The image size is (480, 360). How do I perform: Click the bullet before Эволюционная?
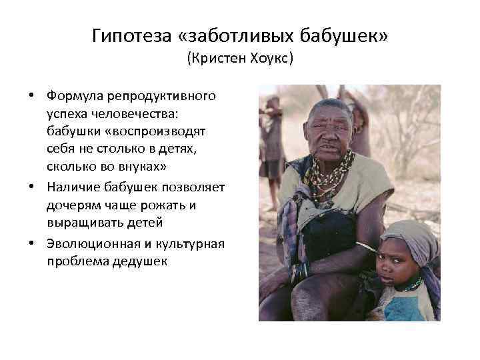tap(32, 243)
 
